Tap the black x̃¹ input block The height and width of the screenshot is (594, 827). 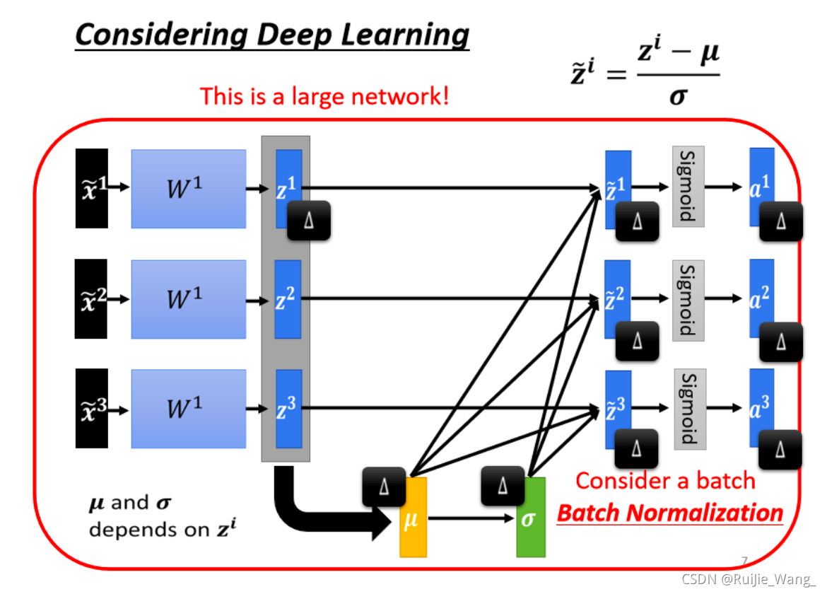click(x=92, y=188)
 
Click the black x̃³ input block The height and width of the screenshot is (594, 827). click(x=92, y=409)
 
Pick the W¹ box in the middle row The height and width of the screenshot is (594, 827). click(x=188, y=298)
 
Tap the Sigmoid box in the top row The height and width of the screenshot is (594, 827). click(x=688, y=187)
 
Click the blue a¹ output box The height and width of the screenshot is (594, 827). click(x=761, y=184)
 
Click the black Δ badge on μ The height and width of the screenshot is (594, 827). click(x=384, y=487)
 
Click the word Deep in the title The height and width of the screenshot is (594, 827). click(x=274, y=34)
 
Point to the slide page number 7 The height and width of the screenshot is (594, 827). click(x=744, y=561)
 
